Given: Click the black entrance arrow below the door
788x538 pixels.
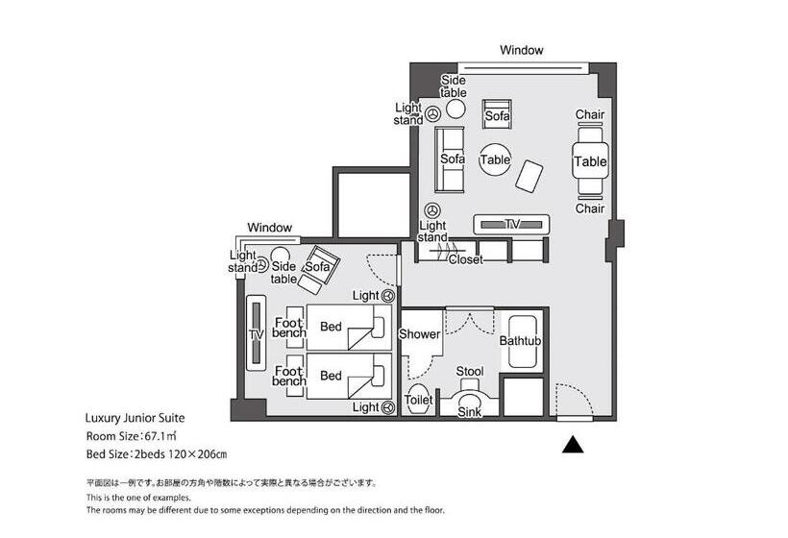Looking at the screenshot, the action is [x=573, y=445].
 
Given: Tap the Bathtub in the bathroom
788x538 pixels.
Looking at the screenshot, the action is [x=525, y=342].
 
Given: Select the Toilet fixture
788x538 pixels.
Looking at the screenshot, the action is [x=418, y=400].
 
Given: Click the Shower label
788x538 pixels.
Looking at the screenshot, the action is [x=419, y=334].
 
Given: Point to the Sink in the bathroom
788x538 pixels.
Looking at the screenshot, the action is [x=469, y=404].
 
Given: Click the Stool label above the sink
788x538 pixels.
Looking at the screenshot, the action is [x=469, y=371].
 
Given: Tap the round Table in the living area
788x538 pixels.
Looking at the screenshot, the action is [x=495, y=159].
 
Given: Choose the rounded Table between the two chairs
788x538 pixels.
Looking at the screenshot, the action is [x=590, y=161].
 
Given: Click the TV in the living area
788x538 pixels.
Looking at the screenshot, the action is [x=511, y=225].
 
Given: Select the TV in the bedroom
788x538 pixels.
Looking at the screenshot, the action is [x=256, y=333].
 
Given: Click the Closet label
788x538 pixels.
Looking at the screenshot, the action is [x=465, y=259].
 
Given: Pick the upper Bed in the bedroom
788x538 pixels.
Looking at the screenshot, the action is [x=349, y=327].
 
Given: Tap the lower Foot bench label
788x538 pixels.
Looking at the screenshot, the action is [x=289, y=377].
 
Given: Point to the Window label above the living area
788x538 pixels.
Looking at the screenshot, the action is [x=521, y=50].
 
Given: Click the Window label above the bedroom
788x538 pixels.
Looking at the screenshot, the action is [x=269, y=228].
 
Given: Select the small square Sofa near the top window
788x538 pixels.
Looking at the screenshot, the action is [x=497, y=113].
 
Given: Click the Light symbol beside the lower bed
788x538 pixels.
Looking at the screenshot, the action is [x=387, y=407].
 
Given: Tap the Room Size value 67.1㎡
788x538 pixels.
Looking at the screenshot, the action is [x=160, y=435].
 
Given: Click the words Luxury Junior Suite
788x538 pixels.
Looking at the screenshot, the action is [x=135, y=418].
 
